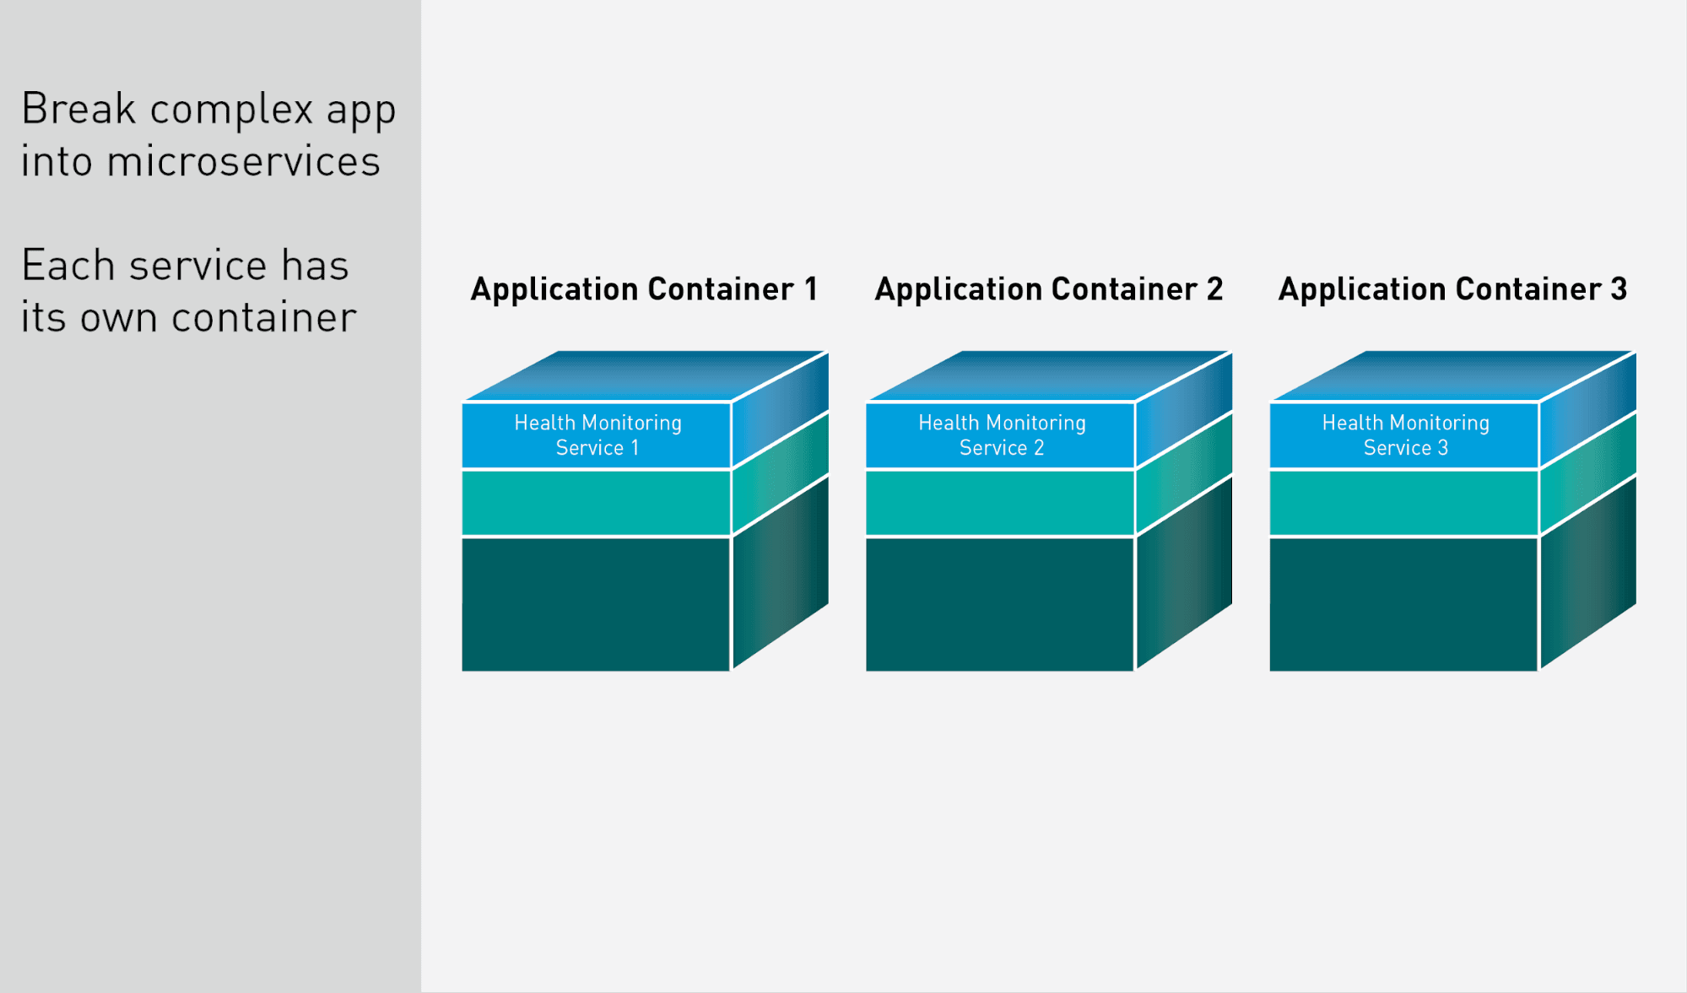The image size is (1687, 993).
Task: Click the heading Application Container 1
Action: point(644,290)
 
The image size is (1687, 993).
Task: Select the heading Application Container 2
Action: point(1049,290)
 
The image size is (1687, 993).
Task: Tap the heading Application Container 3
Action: point(1452,290)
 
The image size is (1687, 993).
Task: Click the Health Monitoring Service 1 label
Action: point(597,435)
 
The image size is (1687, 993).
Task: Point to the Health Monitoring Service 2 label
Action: point(1002,435)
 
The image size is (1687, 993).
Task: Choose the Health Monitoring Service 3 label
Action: point(1406,435)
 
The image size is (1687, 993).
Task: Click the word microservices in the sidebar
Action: point(244,161)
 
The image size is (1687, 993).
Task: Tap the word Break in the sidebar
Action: point(78,109)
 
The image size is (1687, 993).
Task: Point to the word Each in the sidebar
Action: point(68,266)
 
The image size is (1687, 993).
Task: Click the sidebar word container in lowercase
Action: point(264,318)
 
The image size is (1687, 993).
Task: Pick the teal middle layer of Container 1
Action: point(596,503)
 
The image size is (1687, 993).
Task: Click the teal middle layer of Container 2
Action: point(1000,503)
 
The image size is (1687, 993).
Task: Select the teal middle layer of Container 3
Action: point(1404,503)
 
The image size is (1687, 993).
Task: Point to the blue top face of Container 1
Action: point(646,375)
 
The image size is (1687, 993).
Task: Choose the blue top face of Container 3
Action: point(1453,375)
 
